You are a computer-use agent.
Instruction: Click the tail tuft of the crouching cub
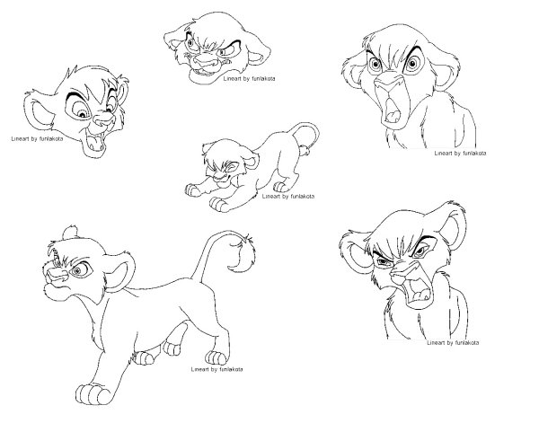pos(305,149)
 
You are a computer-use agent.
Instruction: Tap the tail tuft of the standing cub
pos(243,253)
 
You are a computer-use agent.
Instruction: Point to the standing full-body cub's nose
pos(56,274)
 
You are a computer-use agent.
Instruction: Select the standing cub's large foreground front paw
pos(92,393)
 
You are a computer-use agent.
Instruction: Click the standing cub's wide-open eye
pos(81,269)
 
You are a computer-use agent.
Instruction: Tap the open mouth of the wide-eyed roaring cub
pos(393,110)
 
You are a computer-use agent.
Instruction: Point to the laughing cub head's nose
pos(103,119)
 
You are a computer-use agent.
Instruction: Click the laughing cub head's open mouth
pos(97,139)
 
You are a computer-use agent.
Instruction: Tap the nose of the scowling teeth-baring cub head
pos(204,62)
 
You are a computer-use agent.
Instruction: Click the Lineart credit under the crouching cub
pos(288,196)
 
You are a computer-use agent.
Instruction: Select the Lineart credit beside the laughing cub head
pos(37,139)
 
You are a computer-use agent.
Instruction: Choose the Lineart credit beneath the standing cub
pos(216,369)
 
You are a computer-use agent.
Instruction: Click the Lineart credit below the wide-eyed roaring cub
pos(460,153)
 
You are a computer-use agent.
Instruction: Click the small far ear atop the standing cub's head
pos(70,233)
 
